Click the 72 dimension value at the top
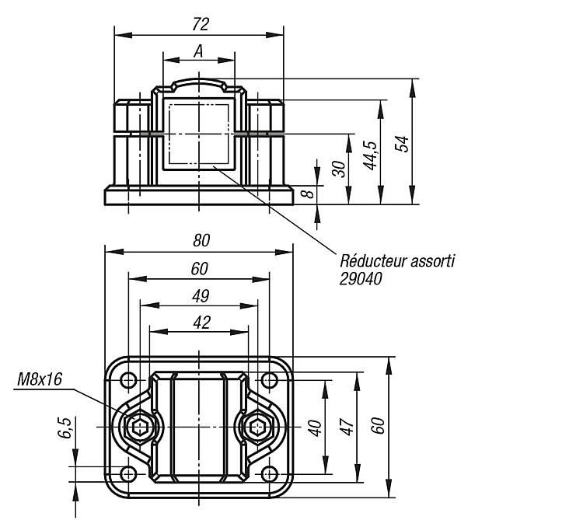coord(201,24)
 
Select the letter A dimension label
coord(198,51)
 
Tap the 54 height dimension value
coord(402,144)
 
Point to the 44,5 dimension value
coord(370,155)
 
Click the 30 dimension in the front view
coord(339,169)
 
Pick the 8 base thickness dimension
coord(308,194)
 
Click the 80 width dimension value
coord(201,241)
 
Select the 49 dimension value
coord(201,296)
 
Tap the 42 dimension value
coord(202,323)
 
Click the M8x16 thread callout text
coord(40,380)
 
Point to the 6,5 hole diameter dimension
coord(65,428)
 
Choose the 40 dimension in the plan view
coord(315,428)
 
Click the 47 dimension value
coord(347,427)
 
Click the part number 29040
coord(361,279)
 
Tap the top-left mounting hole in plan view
coord(128,380)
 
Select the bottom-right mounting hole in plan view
coord(269,474)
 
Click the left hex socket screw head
coord(139,427)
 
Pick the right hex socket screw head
coord(258,427)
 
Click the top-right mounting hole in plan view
coord(269,380)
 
